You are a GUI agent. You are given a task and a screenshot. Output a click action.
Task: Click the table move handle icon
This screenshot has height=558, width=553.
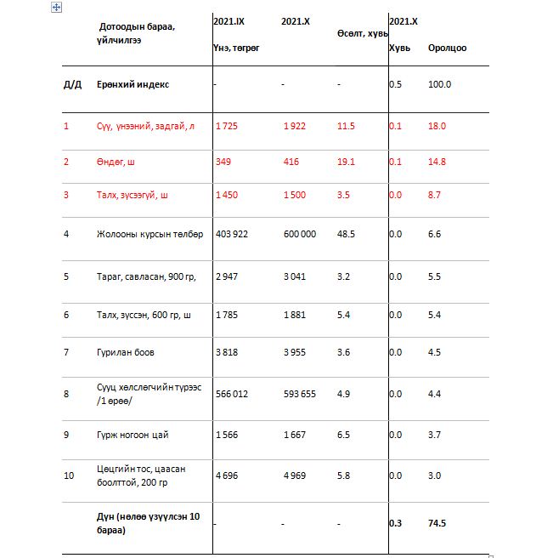click(x=56, y=7)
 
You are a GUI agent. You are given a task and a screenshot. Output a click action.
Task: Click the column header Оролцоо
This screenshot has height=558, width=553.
click(x=447, y=48)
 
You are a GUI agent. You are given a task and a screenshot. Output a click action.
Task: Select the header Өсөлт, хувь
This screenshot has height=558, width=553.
click(x=362, y=33)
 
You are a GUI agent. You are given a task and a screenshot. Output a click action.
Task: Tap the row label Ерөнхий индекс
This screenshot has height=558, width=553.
click(x=133, y=84)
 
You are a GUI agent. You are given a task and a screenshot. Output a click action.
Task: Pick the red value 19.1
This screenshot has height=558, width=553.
click(x=345, y=161)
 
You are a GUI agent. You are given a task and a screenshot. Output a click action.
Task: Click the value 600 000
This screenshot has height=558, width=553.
click(x=299, y=233)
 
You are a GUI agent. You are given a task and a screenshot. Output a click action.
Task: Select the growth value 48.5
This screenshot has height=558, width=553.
click(x=345, y=233)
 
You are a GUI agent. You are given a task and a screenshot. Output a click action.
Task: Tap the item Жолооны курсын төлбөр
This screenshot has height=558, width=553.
click(x=150, y=233)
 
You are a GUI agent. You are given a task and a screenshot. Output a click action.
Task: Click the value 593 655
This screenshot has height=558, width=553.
click(x=299, y=394)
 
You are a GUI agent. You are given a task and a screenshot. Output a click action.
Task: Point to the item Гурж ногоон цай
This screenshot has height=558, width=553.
click(x=133, y=435)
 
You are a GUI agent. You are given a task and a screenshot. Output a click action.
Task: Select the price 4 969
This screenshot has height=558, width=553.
click(x=294, y=475)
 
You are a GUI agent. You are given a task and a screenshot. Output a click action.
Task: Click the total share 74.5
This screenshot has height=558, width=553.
click(x=438, y=523)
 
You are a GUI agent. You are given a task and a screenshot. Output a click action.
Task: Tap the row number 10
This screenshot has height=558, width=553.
click(x=69, y=475)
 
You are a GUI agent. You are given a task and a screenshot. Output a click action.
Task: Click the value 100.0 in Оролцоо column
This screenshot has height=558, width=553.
click(x=440, y=84)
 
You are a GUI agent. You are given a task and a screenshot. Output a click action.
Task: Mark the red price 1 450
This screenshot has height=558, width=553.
click(x=227, y=195)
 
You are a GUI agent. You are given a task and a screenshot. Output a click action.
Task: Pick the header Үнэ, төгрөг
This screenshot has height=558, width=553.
click(x=236, y=48)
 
